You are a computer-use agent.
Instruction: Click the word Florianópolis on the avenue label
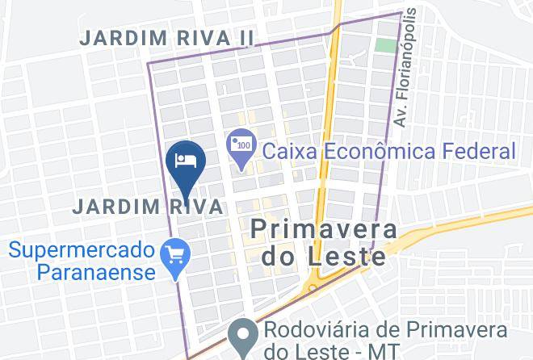[x=411, y=57]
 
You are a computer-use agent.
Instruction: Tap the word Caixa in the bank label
[x=288, y=151]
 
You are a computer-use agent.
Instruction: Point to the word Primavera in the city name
[x=323, y=229]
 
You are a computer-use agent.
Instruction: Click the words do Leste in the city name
[x=323, y=257]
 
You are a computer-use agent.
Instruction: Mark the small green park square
[x=386, y=44]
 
